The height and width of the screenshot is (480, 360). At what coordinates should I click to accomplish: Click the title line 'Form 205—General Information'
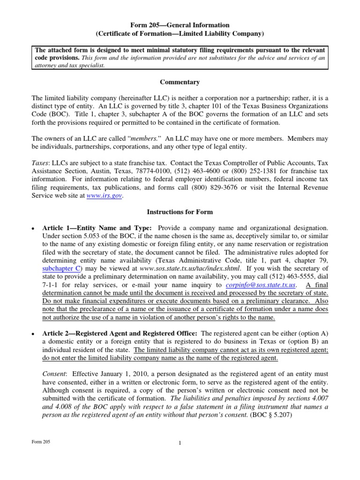pos(180,25)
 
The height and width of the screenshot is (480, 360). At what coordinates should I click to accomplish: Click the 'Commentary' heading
pos(180,82)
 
